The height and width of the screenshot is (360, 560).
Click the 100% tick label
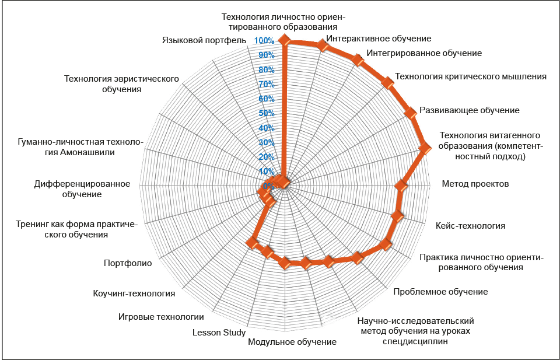tap(264, 41)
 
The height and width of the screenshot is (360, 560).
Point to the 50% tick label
tap(267, 114)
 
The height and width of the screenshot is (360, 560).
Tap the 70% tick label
tap(267, 85)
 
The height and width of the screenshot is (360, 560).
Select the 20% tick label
tap(267, 157)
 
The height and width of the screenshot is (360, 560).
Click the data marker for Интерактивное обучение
tap(323, 46)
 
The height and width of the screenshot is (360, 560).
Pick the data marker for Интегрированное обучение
tap(358, 60)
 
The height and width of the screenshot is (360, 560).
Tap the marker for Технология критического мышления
tap(387, 82)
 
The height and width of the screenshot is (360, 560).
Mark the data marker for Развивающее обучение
tap(411, 113)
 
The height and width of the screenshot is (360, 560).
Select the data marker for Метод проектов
tap(401, 186)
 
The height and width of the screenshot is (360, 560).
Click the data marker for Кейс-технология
tap(397, 216)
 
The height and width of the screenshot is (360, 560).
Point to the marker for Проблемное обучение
tap(357, 257)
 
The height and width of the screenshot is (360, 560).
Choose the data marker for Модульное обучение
tap(285, 263)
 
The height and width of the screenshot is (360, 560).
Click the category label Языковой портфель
tap(204, 40)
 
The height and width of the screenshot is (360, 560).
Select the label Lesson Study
tap(219, 333)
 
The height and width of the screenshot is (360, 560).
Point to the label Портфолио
tap(128, 263)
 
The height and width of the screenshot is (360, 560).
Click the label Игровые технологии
tap(161, 317)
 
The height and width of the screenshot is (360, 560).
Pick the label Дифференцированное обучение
tap(82, 189)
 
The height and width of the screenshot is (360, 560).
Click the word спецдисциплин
tap(415, 341)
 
